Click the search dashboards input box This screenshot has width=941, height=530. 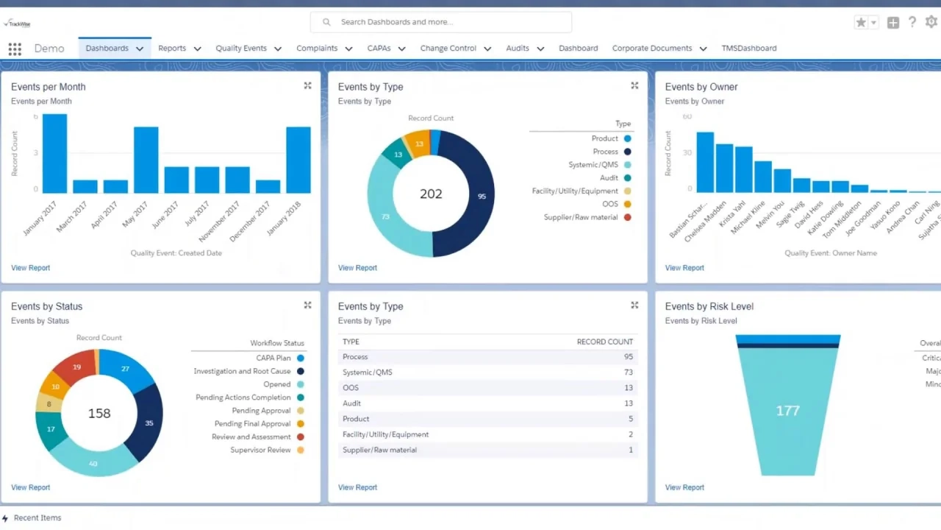click(x=441, y=22)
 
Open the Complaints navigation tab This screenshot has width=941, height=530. click(x=317, y=49)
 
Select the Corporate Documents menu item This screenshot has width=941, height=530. click(x=651, y=49)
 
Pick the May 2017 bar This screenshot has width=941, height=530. click(x=146, y=160)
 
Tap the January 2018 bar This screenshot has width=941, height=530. click(x=298, y=160)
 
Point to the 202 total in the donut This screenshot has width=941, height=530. click(x=431, y=194)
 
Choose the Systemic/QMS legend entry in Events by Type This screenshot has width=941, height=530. click(x=593, y=165)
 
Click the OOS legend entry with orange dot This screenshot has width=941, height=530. click(x=610, y=204)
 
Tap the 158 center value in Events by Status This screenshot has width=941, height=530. click(x=99, y=414)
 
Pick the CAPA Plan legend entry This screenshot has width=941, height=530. click(x=273, y=358)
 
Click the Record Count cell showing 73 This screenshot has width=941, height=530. click(x=628, y=372)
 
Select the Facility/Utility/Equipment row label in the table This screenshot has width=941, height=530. click(x=385, y=434)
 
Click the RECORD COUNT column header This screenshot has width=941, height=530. click(x=604, y=342)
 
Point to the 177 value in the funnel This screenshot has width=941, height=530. click(x=787, y=411)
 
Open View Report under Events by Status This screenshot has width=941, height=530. click(x=31, y=487)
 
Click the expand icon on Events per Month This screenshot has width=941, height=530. click(x=307, y=86)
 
